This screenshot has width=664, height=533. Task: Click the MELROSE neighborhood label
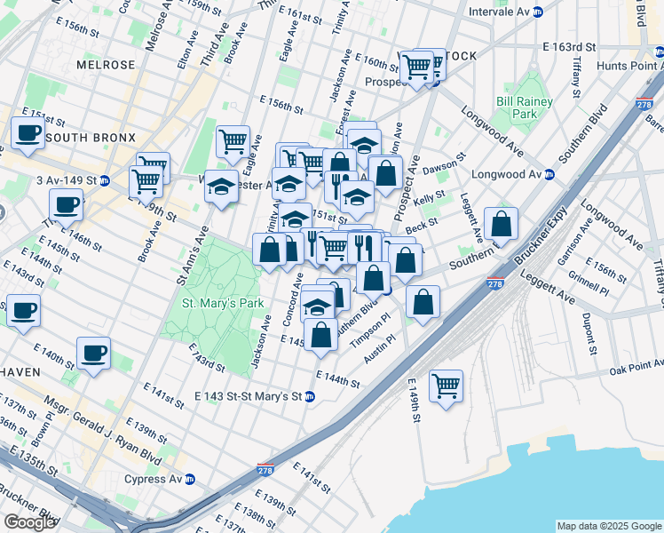point(106,65)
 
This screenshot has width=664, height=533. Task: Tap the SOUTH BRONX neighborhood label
point(90,138)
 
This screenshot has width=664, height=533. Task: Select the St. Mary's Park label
point(223,303)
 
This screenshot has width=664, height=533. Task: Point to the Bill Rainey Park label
point(524,108)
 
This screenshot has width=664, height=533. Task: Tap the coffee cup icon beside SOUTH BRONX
point(28,133)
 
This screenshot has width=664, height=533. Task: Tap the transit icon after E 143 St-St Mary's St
point(309,396)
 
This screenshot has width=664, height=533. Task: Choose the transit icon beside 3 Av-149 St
point(104,180)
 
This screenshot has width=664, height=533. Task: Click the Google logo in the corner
point(28,522)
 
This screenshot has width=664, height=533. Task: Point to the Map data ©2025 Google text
point(609,526)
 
